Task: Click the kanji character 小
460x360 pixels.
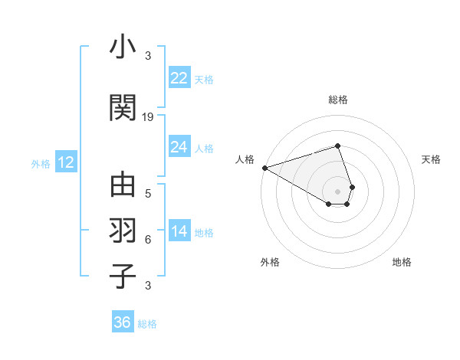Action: [x=123, y=48]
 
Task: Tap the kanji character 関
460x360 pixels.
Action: [x=123, y=108]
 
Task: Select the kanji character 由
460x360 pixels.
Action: [x=123, y=187]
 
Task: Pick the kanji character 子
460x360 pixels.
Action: [x=123, y=276]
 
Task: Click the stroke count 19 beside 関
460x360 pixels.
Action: [x=148, y=116]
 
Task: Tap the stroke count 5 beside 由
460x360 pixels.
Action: [x=148, y=193]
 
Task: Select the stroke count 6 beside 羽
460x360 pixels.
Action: [x=148, y=239]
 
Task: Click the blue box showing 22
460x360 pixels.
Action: [x=179, y=78]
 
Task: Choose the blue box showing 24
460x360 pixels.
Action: [x=179, y=147]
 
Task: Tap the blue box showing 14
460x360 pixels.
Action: [x=179, y=231]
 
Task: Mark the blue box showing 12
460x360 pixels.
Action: [x=65, y=162]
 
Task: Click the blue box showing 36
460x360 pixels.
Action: [x=122, y=322]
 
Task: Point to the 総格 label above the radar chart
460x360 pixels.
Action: [x=337, y=100]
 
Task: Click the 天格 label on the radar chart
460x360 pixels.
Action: [x=431, y=159]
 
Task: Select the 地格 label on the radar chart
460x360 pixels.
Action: [x=402, y=262]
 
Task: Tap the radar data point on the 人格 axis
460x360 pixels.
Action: [x=264, y=167]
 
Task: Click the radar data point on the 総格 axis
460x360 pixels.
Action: [x=337, y=146]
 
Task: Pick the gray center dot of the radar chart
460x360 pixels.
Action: [x=337, y=191]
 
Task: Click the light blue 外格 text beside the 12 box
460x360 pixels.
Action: [x=41, y=163]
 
